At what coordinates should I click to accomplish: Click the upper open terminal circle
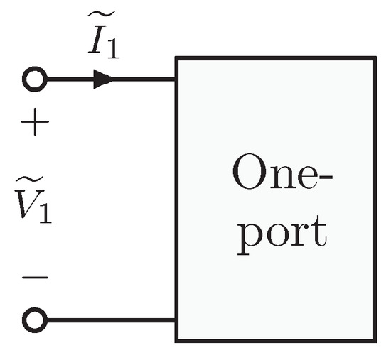point(34,80)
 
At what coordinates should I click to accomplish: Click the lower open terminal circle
point(34,321)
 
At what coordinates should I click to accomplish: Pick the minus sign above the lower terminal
point(34,276)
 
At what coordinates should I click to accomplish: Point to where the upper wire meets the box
point(176,80)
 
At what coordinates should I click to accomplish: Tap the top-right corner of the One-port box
point(374,58)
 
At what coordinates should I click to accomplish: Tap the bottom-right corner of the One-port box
point(374,339)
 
